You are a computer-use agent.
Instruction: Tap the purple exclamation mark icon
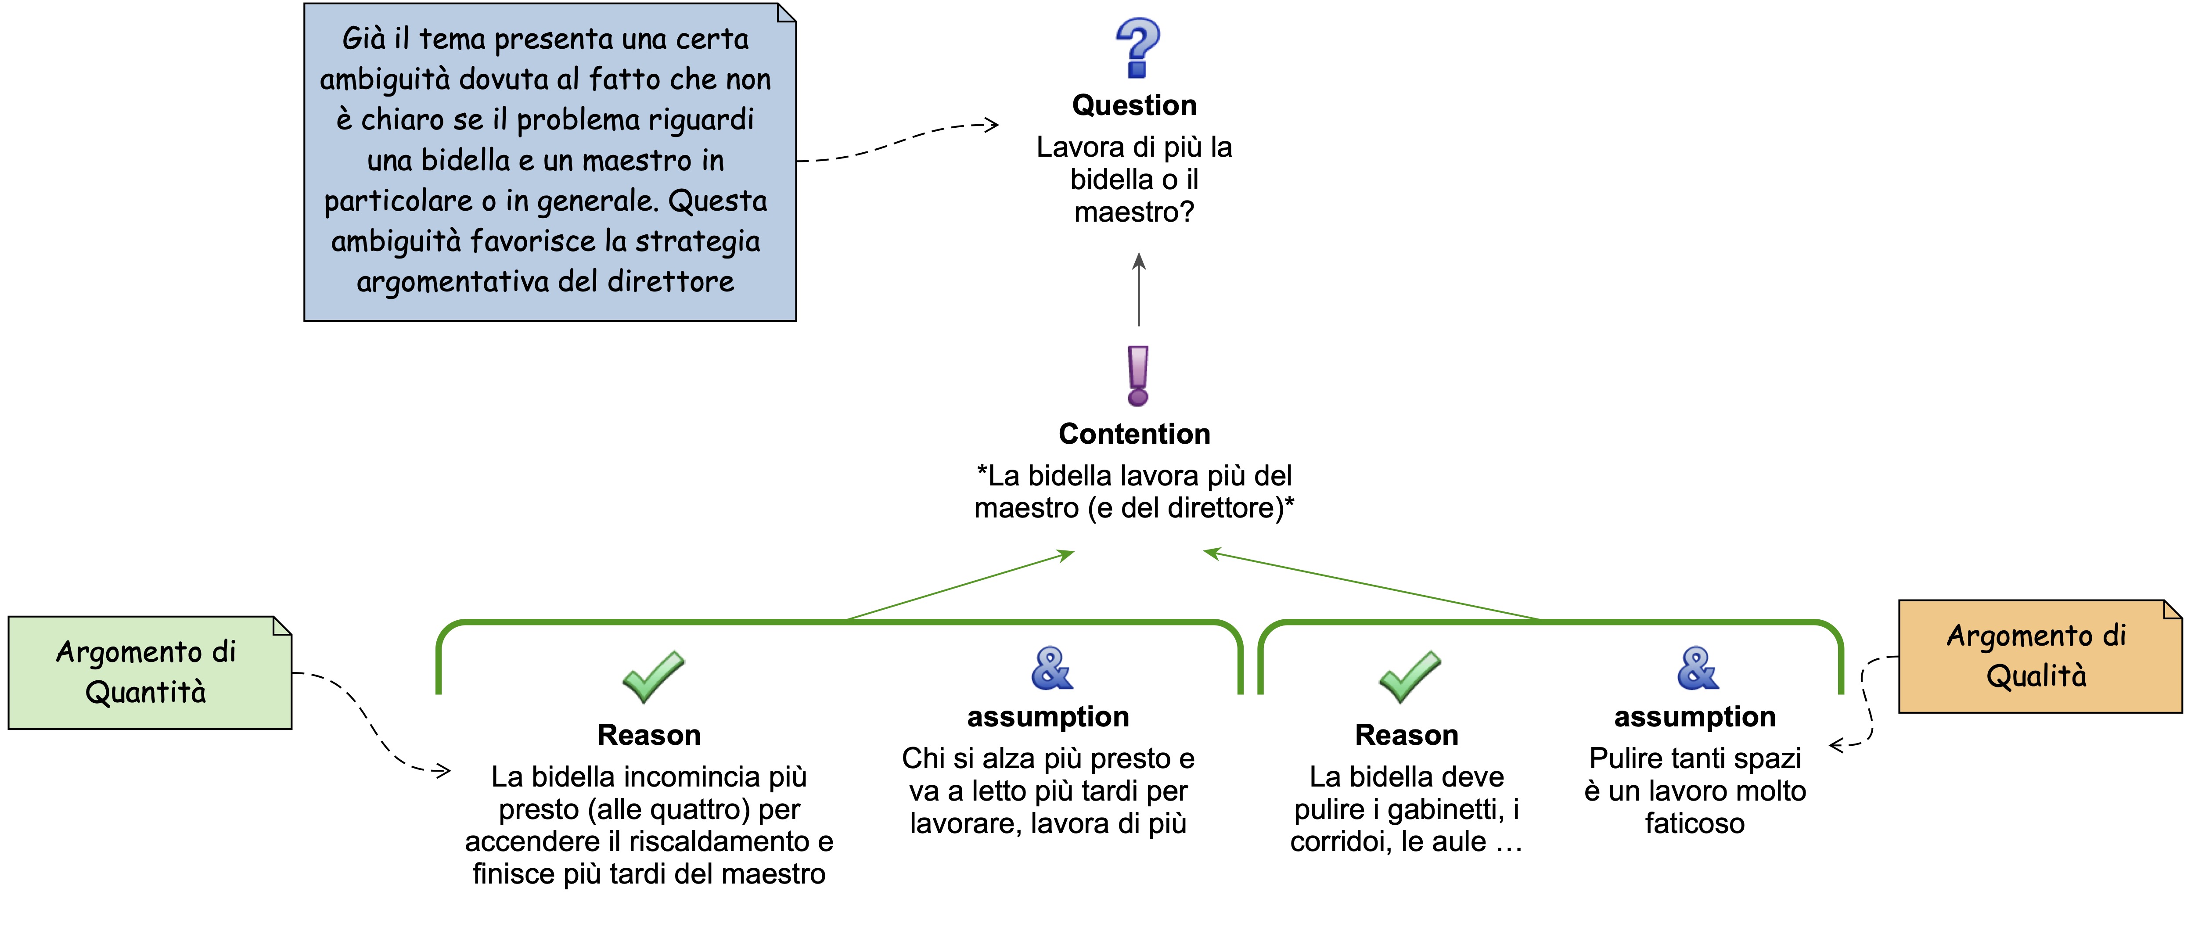1138,375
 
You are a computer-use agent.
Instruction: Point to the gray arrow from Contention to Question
1139,289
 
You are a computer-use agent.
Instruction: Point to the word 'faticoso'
1695,823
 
